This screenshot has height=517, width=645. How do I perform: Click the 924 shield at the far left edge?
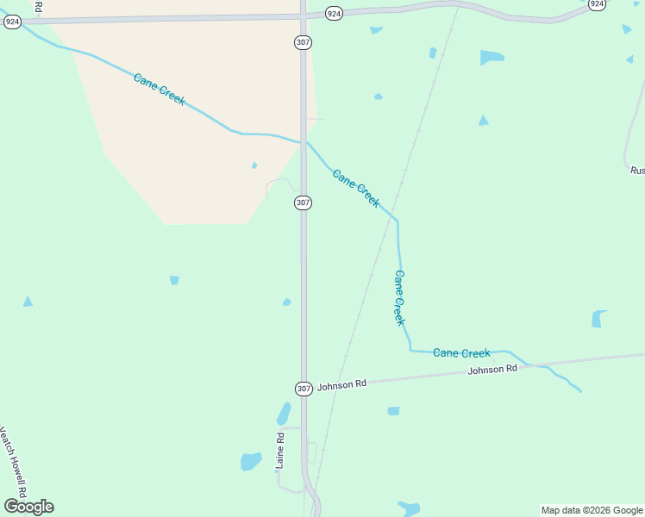click(x=12, y=22)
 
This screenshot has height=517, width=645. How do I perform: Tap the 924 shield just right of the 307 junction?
click(x=335, y=13)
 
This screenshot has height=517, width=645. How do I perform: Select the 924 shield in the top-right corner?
click(x=597, y=4)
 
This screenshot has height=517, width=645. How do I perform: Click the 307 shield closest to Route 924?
click(x=303, y=42)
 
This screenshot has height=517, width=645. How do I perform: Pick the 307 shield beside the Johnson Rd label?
click(x=304, y=389)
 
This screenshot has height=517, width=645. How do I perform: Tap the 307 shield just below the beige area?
click(x=303, y=202)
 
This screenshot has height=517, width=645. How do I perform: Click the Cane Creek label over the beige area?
click(x=160, y=90)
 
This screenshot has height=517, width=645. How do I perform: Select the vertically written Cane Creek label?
click(x=399, y=298)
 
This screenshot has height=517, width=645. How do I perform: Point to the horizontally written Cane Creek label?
click(x=461, y=353)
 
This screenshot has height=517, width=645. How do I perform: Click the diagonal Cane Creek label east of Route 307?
click(x=356, y=188)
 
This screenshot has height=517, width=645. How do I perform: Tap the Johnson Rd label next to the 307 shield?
click(x=341, y=385)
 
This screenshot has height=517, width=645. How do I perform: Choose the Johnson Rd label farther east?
click(x=492, y=370)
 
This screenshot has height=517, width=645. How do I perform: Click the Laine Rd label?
click(x=280, y=451)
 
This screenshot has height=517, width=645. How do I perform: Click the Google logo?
click(x=28, y=507)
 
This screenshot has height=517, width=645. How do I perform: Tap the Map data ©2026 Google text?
click(x=592, y=510)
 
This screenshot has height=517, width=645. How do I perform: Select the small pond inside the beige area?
click(x=254, y=165)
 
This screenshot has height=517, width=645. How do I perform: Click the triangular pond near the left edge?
click(x=28, y=302)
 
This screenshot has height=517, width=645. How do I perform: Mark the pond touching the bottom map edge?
click(x=409, y=508)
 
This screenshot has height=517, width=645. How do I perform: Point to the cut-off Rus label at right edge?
click(x=637, y=171)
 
